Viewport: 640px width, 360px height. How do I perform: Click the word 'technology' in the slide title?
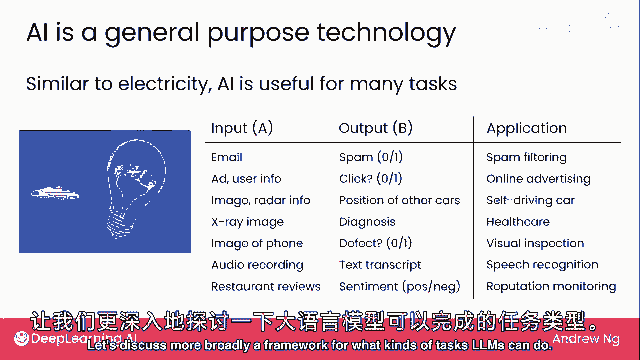(x=386, y=33)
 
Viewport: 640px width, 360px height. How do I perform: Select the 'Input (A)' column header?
(x=242, y=128)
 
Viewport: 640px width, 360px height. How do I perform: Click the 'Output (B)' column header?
(x=376, y=128)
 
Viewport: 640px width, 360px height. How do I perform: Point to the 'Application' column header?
(x=527, y=128)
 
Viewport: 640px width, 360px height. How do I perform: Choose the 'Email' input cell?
(x=227, y=157)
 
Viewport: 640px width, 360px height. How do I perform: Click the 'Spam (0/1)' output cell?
(x=371, y=157)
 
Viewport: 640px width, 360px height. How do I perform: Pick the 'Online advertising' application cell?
(x=538, y=179)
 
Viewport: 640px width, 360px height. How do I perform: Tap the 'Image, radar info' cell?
(x=261, y=200)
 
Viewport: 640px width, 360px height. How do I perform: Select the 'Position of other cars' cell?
(x=399, y=200)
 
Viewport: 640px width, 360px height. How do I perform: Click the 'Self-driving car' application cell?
(x=530, y=200)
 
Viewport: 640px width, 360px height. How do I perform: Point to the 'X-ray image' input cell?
(x=247, y=222)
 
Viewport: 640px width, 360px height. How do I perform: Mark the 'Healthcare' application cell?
(x=518, y=222)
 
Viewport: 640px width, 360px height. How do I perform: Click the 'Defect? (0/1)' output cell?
(x=375, y=243)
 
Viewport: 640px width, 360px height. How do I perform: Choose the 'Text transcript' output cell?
(x=380, y=265)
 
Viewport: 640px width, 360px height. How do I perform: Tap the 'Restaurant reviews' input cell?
(x=266, y=286)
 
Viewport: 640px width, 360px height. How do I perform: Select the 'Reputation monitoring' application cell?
(x=551, y=286)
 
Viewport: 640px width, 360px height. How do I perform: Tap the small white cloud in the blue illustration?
(x=54, y=193)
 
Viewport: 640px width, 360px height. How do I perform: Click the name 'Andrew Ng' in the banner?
(x=586, y=339)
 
